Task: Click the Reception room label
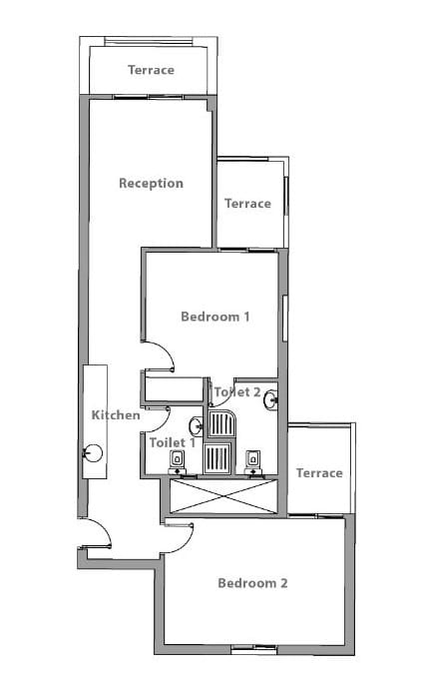pos(151,184)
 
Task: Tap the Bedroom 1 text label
pos(215,317)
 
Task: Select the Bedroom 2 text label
pos(252,583)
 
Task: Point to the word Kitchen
pos(116,415)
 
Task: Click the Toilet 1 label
pos(172,442)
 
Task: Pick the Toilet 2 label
pos(236,392)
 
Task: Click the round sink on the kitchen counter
pos(93,453)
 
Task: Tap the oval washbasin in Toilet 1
pos(196,426)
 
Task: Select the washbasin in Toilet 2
pos(270,400)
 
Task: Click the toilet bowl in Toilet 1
pos(178,461)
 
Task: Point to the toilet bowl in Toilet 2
pos(252,461)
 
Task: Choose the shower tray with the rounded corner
pos(222,424)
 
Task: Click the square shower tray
pos(217,457)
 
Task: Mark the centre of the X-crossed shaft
pos(224,496)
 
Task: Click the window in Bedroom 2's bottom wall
pos(253,649)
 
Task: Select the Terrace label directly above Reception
pos(151,70)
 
